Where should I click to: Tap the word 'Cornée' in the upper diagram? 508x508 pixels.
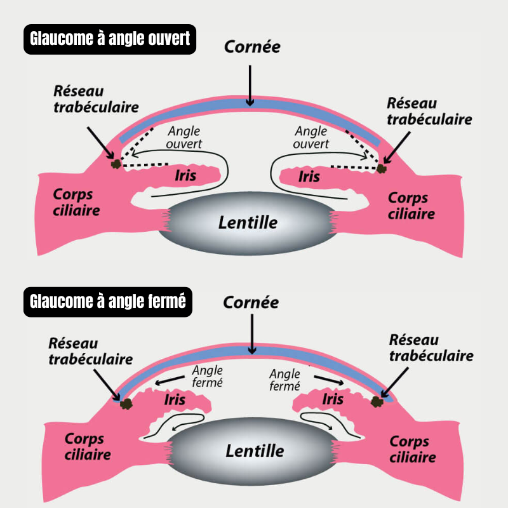coord(252,48)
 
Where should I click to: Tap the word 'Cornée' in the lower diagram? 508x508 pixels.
coord(251,303)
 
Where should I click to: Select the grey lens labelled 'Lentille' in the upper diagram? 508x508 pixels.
coord(248,223)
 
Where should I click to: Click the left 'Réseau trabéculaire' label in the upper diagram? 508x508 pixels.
coord(87,98)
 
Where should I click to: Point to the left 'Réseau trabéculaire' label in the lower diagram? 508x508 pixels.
coord(90,351)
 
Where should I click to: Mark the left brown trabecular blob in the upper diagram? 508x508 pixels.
coord(116,164)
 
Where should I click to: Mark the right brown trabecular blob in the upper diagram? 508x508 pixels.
coord(382,169)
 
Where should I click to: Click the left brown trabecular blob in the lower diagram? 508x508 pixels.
coord(127,403)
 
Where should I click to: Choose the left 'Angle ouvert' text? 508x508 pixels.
coord(185,137)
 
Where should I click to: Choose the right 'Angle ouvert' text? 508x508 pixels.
coord(312,137)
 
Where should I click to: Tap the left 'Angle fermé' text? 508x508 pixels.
coord(208,377)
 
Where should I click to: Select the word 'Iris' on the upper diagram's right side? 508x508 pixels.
coord(309,176)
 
